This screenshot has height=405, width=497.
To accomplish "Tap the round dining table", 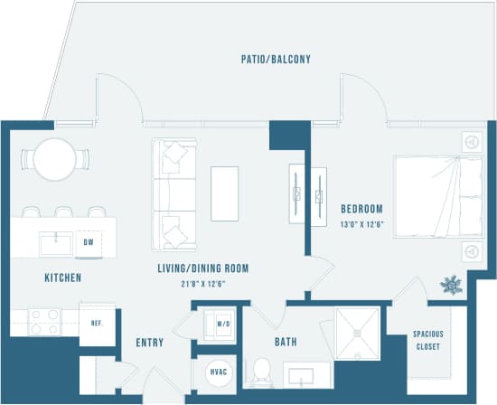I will [x=54, y=158].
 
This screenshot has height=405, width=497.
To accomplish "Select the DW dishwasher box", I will [x=89, y=242].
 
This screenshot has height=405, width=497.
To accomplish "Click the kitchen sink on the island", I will [x=55, y=243].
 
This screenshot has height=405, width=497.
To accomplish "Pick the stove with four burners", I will [x=44, y=322].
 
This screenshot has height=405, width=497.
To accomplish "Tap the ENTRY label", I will [x=149, y=343].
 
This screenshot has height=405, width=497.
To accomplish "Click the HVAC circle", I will [x=217, y=371].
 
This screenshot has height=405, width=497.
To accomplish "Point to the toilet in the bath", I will [x=260, y=372].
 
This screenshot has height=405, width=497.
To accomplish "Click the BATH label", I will [x=286, y=342].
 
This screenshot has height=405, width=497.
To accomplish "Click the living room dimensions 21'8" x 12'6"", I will [x=202, y=283].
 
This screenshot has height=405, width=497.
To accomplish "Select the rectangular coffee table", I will [x=224, y=193].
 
